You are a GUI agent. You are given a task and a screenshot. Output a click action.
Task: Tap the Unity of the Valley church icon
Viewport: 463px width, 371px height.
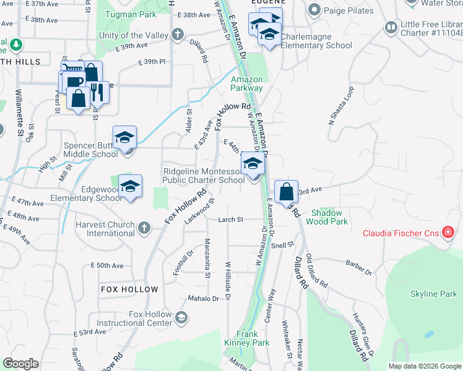tap(178, 35)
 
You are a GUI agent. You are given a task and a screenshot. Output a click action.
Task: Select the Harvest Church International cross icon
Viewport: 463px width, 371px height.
tap(144, 229)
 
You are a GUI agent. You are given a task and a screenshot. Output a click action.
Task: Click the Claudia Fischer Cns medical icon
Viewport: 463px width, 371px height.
tap(449, 233)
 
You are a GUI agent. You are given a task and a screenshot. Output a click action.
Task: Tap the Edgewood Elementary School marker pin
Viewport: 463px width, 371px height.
tap(130, 187)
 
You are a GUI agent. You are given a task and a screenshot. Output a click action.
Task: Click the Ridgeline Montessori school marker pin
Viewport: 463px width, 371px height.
tap(253, 165)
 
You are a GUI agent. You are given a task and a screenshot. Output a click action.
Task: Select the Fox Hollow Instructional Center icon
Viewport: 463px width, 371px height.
tap(181, 318)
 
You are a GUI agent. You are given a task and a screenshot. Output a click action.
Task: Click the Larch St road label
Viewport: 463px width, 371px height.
tap(231, 220)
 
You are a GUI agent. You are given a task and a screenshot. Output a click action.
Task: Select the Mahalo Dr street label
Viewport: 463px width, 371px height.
tap(204, 299)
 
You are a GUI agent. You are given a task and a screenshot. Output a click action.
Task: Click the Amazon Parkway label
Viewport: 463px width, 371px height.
tap(247, 83)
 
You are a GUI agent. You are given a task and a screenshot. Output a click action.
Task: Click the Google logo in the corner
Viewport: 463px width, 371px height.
tap(20, 364)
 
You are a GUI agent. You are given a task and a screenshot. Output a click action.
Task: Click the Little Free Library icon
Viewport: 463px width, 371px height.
tap(391, 27)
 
